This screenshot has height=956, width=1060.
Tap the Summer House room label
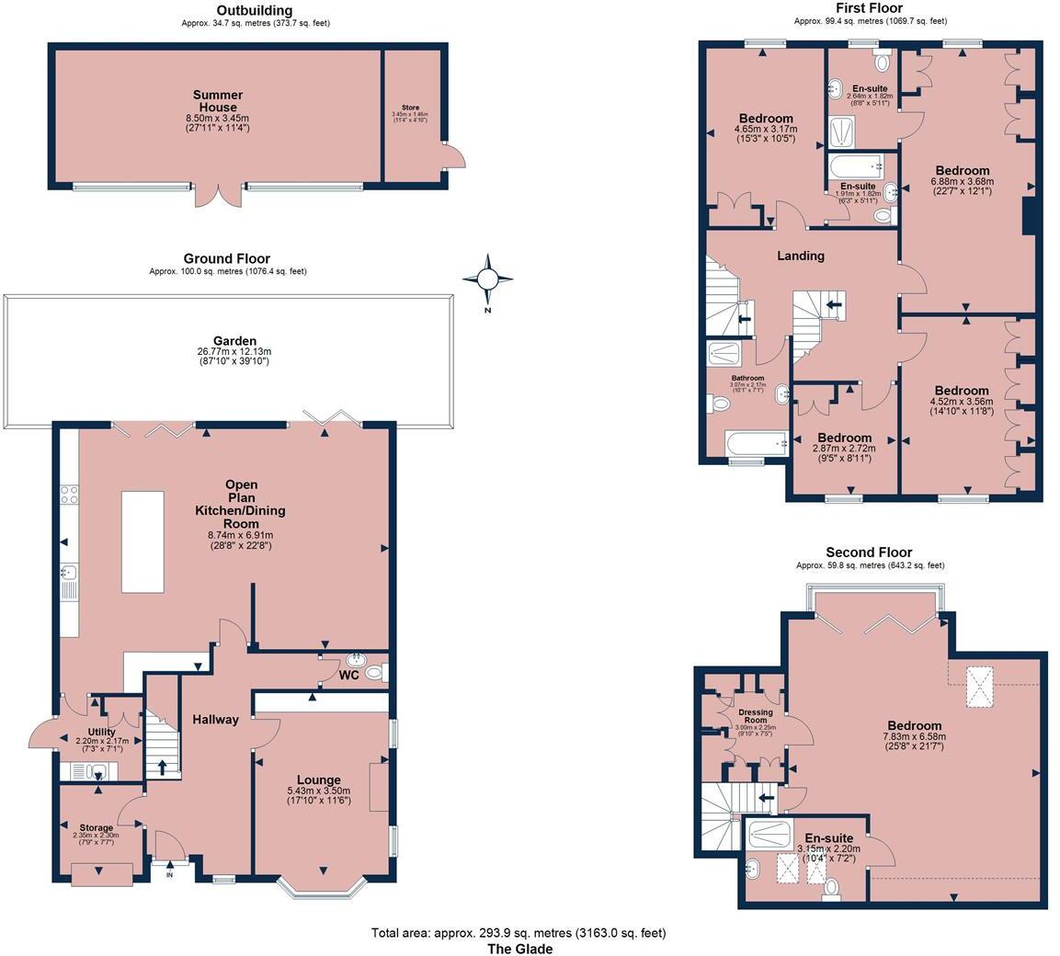coord(218,95)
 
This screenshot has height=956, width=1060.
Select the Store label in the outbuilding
coord(409,108)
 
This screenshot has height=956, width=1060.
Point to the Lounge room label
coord(319,780)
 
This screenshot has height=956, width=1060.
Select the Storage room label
coord(96,828)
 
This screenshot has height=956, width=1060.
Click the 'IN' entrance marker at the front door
coord(169,874)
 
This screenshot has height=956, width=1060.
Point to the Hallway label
coord(215,720)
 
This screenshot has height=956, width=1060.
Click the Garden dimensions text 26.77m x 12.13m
coord(234,352)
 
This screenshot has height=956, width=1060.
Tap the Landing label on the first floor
coord(800,256)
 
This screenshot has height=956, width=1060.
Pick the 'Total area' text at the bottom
coord(518,932)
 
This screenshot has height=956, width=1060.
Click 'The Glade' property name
coord(519,949)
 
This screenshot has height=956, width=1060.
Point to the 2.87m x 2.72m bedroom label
coord(844,438)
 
